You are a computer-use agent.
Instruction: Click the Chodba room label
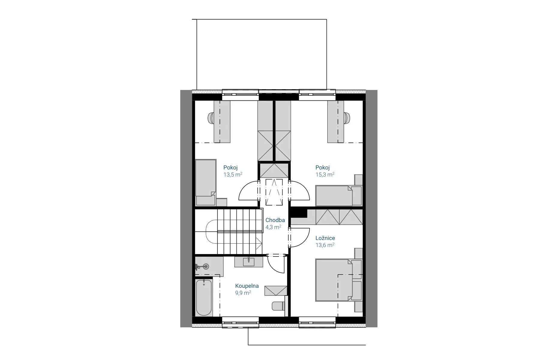(275, 220)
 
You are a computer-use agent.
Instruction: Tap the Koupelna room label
(247, 286)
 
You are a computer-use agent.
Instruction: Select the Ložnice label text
(325, 238)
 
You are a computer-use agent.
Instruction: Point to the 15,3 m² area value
(325, 174)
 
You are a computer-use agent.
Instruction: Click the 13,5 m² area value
(233, 174)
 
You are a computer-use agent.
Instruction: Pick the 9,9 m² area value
(243, 293)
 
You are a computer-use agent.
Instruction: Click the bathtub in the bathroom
(204, 298)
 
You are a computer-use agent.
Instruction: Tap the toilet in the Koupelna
(278, 306)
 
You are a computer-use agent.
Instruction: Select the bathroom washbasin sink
(249, 261)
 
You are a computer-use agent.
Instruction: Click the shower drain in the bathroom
(206, 266)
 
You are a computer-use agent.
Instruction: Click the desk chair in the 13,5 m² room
(211, 118)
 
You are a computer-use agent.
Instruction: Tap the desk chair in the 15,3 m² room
(347, 118)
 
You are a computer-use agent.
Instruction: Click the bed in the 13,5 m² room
(206, 182)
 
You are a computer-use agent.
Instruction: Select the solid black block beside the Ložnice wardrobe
(299, 213)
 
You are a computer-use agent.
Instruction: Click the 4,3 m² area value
(273, 227)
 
